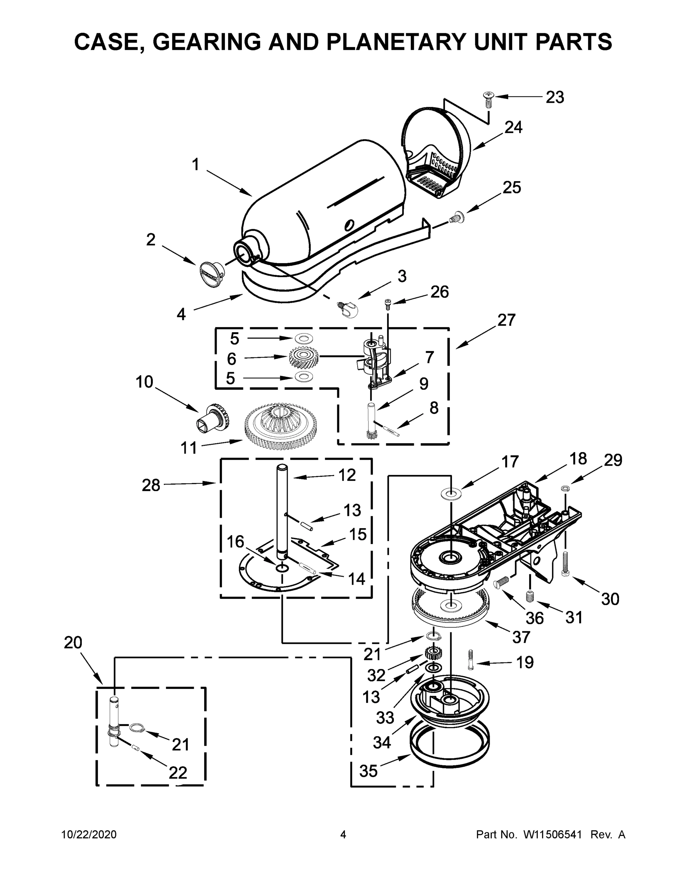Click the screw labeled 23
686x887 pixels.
coord(488,99)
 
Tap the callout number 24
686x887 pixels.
coord(513,128)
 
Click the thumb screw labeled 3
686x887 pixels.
coord(348,309)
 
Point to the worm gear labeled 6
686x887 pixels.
coord(303,357)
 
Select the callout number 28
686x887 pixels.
coord(151,485)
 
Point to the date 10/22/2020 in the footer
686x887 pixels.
coord(89,835)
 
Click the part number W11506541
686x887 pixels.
coord(552,835)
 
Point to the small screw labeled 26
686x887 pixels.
coord(388,304)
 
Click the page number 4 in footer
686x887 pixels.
coord(343,835)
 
